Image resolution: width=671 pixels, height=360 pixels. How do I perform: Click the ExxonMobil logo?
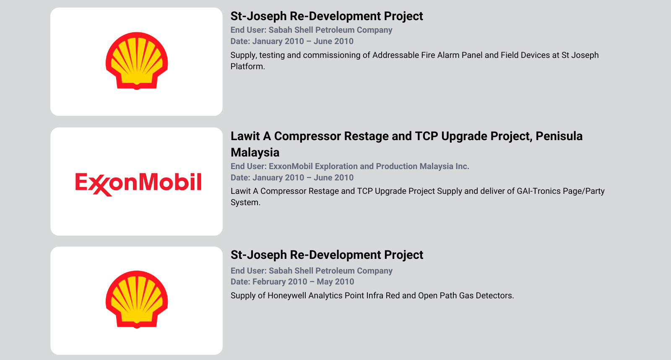click(x=138, y=184)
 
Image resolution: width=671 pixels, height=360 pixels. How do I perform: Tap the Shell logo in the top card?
click(x=137, y=61)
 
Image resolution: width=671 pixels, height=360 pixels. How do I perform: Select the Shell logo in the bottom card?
click(x=137, y=300)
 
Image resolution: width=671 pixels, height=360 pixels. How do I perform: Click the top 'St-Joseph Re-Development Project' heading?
click(x=327, y=16)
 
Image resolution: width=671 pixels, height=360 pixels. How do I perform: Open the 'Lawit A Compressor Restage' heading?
click(x=406, y=144)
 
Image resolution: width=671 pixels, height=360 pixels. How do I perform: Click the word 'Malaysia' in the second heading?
click(x=255, y=153)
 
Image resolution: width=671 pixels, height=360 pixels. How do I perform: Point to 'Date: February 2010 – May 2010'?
click(x=292, y=282)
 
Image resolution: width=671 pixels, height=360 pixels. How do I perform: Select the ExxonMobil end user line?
click(x=350, y=166)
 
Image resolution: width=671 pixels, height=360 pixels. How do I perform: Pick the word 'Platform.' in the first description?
click(x=248, y=67)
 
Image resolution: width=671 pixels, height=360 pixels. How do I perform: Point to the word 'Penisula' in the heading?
click(x=559, y=136)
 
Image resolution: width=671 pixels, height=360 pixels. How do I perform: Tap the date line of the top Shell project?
click(x=292, y=42)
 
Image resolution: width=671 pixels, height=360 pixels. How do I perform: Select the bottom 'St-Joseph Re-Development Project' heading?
click(x=327, y=255)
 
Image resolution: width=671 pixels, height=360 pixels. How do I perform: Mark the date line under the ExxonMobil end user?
click(x=292, y=178)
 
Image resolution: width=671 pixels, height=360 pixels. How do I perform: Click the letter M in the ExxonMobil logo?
click(x=149, y=182)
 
